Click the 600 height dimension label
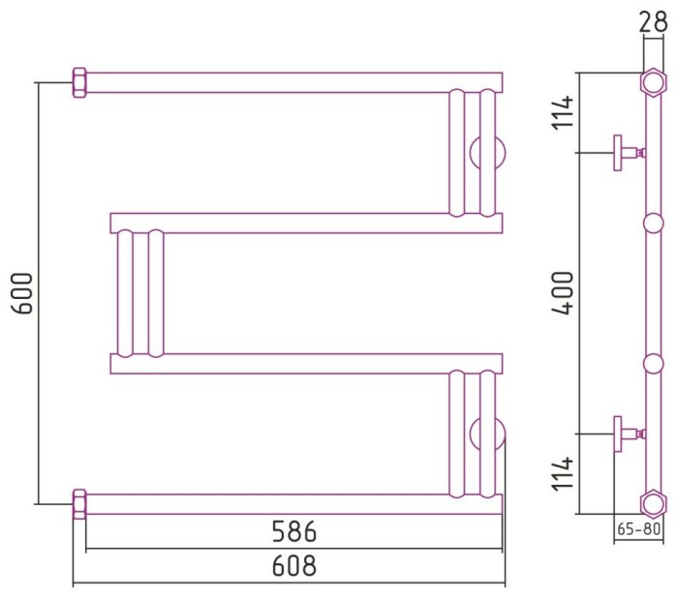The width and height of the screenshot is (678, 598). pyautogui.click(x=24, y=292)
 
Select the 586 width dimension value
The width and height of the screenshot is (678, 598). pyautogui.click(x=293, y=531)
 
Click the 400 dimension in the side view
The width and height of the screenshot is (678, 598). pyautogui.click(x=566, y=292)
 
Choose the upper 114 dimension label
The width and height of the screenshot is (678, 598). pyautogui.click(x=566, y=113)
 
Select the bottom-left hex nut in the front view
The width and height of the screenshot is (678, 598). pyautogui.click(x=79, y=503)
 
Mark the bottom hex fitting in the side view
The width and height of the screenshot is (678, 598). pyautogui.click(x=655, y=503)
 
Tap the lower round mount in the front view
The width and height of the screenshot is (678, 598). pyautogui.click(x=487, y=433)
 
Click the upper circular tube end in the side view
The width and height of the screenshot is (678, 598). pyautogui.click(x=655, y=224)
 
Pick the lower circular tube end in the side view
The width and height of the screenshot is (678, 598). pyautogui.click(x=655, y=363)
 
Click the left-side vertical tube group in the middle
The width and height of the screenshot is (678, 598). pyautogui.click(x=139, y=293)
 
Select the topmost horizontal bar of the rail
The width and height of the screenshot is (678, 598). pyautogui.click(x=291, y=81)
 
